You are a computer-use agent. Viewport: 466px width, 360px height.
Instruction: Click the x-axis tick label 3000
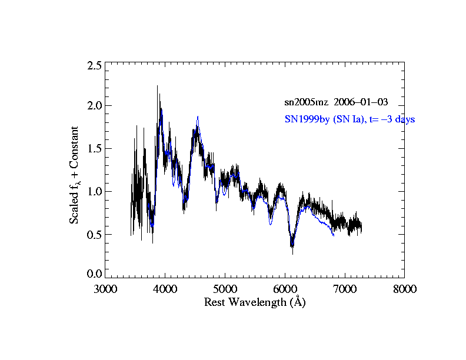105,289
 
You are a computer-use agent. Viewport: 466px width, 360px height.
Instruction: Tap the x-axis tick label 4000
165,289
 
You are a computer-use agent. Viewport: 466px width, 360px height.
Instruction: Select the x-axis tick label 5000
225,289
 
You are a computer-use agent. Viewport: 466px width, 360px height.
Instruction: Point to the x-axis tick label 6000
285,289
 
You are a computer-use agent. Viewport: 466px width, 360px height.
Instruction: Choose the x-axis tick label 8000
404,289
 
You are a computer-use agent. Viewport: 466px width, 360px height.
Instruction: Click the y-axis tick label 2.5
94,65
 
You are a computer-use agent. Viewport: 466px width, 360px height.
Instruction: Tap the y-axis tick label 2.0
94,106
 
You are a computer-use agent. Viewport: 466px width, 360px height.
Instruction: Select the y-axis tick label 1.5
94,149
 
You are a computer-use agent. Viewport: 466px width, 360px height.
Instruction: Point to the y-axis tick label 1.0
94,192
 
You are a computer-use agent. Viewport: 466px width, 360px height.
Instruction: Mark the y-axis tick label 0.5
94,235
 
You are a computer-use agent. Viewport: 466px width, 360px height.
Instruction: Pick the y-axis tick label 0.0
94,274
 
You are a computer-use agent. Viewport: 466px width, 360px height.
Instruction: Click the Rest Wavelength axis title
255,302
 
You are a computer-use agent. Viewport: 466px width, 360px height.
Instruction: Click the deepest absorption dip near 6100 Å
292,249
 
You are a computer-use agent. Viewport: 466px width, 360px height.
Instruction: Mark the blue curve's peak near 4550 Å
198,117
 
